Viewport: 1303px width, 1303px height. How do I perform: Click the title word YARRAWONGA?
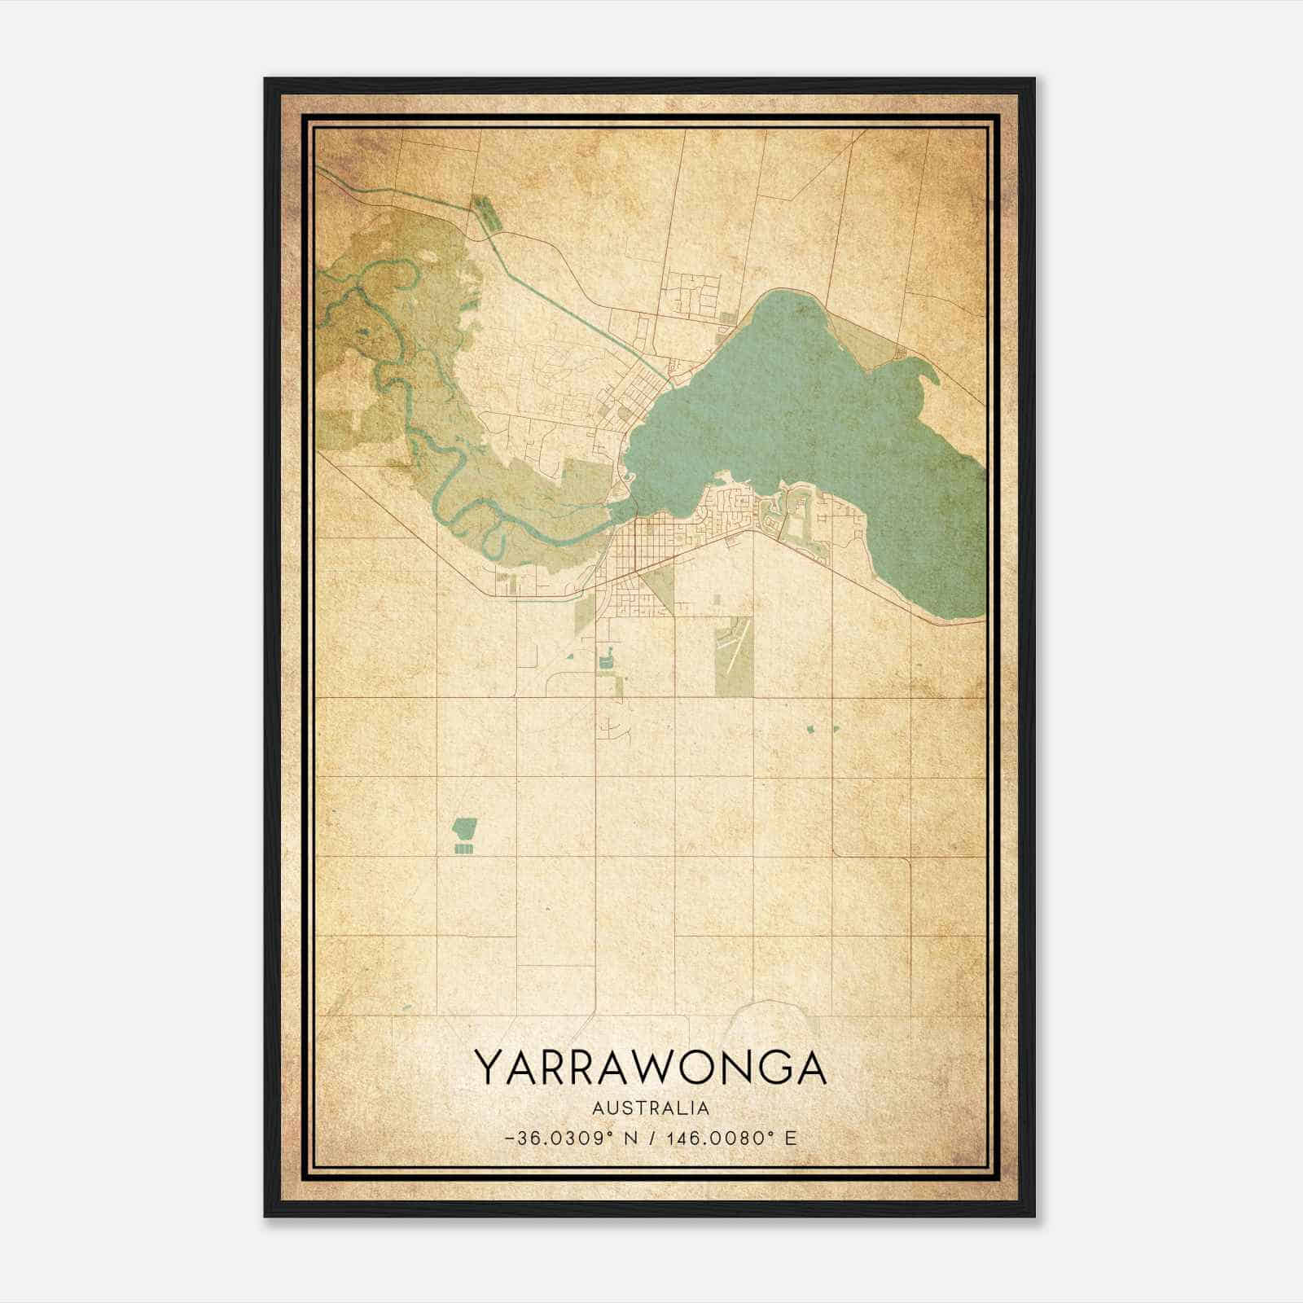pos(651,1068)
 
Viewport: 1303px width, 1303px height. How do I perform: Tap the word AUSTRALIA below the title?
pos(651,1108)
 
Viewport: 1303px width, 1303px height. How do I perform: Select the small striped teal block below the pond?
pos(463,849)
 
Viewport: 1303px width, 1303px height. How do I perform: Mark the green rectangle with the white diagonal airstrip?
pos(733,656)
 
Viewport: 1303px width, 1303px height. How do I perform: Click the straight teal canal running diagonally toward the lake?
pos(570,301)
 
